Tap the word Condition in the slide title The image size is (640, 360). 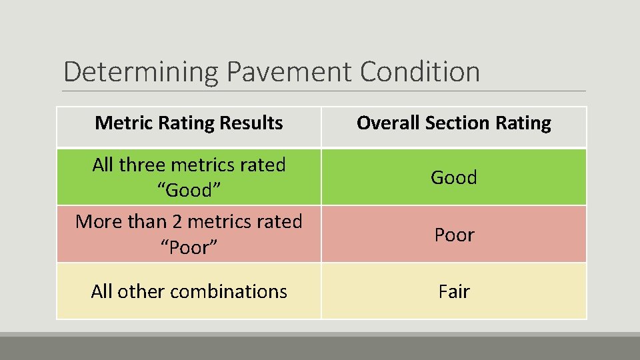click(419, 72)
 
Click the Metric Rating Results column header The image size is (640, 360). click(189, 123)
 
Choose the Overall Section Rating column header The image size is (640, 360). click(454, 123)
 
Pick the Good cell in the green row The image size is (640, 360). click(454, 177)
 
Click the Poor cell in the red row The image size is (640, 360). click(454, 235)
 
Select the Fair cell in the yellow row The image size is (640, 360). click(454, 291)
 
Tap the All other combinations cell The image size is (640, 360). click(189, 291)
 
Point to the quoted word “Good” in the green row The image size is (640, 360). click(189, 190)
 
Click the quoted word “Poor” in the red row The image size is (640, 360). click(189, 247)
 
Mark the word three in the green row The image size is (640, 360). click(145, 165)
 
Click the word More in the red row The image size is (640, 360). click(97, 221)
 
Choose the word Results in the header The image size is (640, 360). click(255, 123)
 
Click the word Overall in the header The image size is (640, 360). click(387, 123)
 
